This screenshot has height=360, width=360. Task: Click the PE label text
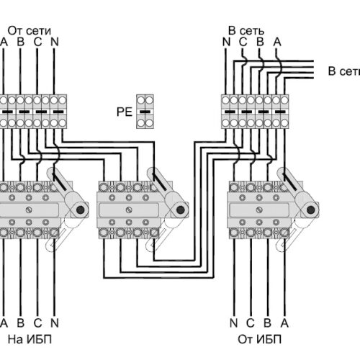[125, 112]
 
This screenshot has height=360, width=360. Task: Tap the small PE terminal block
[145, 112]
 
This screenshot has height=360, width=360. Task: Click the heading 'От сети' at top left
[30, 31]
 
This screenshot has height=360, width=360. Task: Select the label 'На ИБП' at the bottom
[30, 340]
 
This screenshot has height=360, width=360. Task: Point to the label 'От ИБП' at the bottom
[259, 340]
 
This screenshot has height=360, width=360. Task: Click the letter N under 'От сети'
[55, 42]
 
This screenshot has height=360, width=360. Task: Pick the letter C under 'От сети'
[37, 42]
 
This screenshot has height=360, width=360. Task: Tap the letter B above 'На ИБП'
[21, 323]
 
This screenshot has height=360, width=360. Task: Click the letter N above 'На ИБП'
[55, 323]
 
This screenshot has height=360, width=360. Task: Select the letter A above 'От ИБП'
[284, 323]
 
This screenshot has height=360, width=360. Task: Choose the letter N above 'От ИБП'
[234, 323]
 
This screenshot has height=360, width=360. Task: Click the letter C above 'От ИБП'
[251, 323]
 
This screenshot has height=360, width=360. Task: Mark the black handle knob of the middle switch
[180, 210]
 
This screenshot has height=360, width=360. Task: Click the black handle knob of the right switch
[311, 210]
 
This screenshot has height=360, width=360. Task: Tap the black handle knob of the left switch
[81, 210]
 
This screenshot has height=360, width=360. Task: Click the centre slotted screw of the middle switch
[129, 210]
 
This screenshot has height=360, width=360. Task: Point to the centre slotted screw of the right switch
[259, 210]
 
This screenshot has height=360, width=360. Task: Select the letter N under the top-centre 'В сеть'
[226, 42]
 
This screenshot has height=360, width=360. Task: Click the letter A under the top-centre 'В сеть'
[277, 42]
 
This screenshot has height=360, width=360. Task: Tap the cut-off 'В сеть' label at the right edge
[344, 71]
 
